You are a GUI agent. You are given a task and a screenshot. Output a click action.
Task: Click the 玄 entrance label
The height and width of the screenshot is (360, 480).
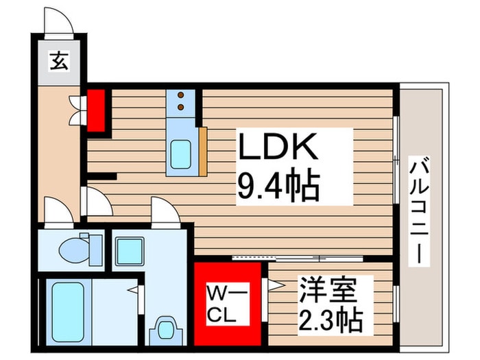point(59,62)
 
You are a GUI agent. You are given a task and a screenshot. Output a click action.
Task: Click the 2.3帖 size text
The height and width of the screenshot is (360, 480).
point(330,318)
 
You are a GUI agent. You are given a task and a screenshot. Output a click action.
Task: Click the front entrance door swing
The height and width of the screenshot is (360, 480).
point(60,22)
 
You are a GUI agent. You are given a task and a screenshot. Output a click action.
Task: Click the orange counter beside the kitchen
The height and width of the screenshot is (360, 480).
point(202,150)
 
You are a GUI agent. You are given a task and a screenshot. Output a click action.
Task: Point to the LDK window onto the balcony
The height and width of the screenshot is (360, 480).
point(396,158)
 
